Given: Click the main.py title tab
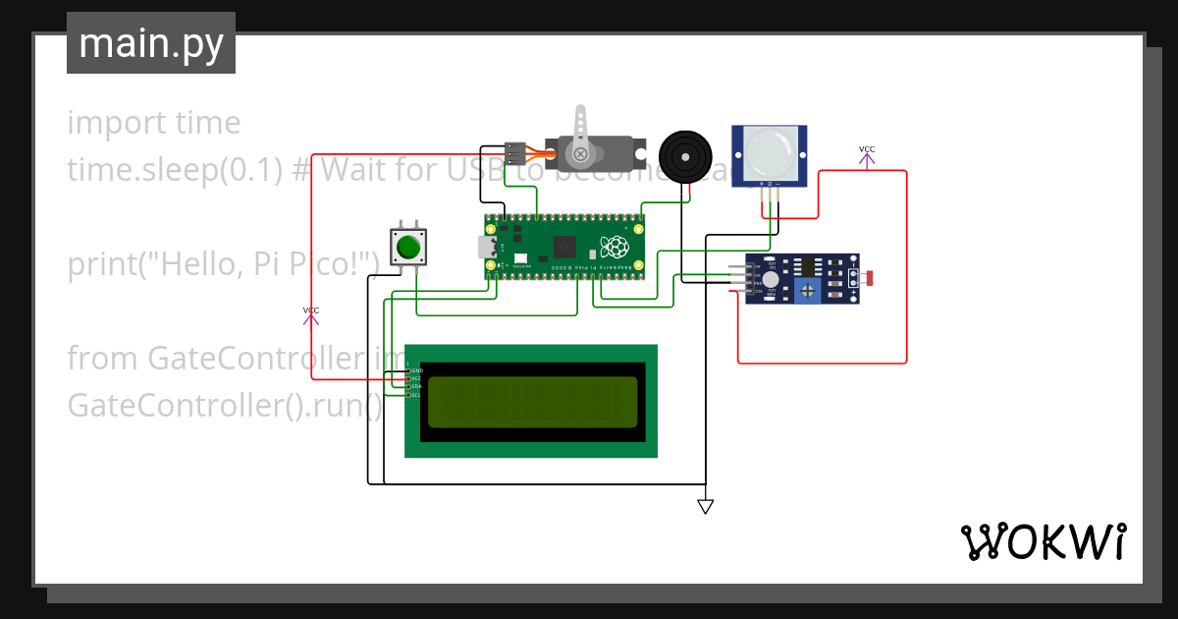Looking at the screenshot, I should [150, 44].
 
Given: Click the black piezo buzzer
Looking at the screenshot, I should [684, 155].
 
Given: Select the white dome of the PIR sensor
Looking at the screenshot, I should [769, 150].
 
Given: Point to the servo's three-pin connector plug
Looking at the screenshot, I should [514, 153].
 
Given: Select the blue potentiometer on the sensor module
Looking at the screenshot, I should [807, 290].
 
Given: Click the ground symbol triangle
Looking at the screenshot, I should [705, 506].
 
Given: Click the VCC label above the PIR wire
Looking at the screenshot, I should [867, 149].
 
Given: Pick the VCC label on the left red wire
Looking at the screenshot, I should [310, 310].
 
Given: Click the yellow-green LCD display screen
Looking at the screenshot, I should [533, 401].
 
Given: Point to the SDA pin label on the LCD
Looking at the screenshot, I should [415, 386].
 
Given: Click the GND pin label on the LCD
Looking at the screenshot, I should [416, 370].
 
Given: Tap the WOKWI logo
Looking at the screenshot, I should [1042, 541].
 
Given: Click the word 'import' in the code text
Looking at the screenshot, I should [103, 123].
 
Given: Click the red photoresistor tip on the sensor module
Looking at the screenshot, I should [870, 279].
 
